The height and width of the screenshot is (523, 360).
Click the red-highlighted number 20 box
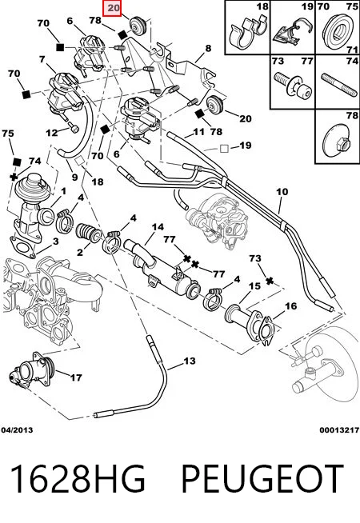113,7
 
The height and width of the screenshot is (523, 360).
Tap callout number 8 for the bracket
208,48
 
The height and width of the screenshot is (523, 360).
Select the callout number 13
190,361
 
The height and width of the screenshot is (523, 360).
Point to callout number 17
76,377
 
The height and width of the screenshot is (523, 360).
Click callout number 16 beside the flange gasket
290,305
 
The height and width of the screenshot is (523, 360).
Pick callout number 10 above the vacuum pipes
282,192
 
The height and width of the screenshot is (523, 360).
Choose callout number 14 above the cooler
158,227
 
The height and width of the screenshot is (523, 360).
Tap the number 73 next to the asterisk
255,258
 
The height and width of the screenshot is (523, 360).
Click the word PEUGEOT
262,478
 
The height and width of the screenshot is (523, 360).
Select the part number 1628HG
78,478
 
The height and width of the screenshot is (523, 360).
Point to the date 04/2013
17,430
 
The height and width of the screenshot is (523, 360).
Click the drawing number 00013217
339,430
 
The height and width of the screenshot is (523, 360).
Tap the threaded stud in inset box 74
338,86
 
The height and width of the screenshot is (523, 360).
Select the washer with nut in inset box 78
338,139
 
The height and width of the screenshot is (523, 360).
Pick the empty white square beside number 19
224,149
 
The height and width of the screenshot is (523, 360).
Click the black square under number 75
17,162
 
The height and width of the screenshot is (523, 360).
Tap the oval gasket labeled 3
23,247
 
